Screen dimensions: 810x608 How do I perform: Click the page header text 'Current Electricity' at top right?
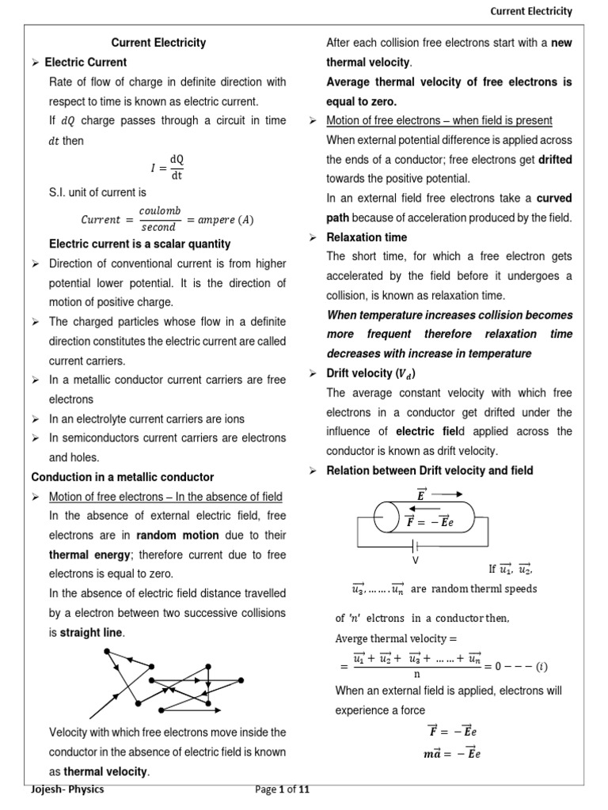pos(530,11)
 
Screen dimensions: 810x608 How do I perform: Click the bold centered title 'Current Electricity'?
pos(158,43)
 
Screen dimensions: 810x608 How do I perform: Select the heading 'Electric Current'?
pos(85,62)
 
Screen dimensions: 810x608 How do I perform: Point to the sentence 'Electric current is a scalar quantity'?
pos(139,244)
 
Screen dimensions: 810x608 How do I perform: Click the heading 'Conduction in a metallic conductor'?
pos(122,477)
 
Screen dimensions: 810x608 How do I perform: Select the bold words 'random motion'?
pos(177,535)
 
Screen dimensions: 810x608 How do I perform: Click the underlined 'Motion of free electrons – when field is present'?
pos(439,120)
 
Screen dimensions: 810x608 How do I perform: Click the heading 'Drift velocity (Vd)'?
pos(370,373)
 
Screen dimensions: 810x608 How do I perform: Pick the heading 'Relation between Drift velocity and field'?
pos(430,471)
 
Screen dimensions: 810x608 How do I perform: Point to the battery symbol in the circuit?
pos(414,545)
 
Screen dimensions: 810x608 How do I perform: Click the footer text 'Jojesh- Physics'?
pos(67,789)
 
